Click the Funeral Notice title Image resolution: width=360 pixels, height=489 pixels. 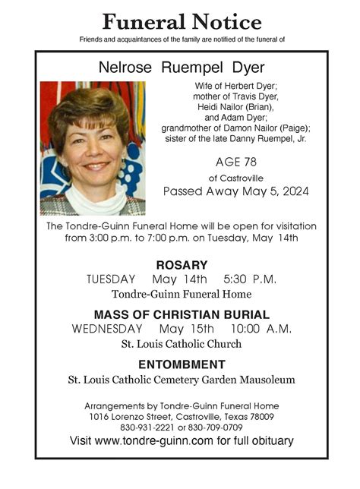coord(182,21)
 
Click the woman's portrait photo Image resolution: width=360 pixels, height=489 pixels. coord(93,148)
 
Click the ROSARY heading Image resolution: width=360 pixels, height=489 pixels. coord(182,265)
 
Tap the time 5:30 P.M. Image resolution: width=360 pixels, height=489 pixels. coord(251,279)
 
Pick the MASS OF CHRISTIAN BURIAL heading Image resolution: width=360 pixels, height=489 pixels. coord(182,314)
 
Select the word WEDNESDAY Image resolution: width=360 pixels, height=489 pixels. coord(107,329)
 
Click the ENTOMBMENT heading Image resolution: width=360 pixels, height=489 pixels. coord(182,364)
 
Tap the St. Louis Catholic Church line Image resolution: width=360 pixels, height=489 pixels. coord(182,344)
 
